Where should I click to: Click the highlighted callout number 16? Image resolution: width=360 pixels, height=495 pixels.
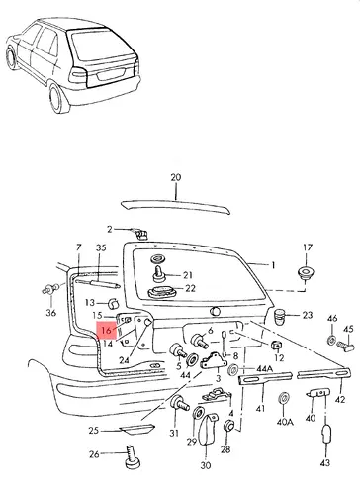pyautogui.click(x=106, y=330)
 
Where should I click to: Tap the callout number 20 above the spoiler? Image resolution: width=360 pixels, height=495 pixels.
pyautogui.click(x=176, y=177)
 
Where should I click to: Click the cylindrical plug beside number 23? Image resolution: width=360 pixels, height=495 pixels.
pyautogui.click(x=280, y=316)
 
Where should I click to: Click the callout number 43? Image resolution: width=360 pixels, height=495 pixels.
pyautogui.click(x=324, y=463)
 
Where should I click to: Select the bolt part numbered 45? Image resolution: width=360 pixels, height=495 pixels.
pyautogui.click(x=345, y=346)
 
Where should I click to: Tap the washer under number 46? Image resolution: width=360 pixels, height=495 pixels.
pyautogui.click(x=331, y=339)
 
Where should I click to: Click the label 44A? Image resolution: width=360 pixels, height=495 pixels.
pyautogui.click(x=265, y=369)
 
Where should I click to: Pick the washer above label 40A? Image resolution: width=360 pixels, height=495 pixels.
pyautogui.click(x=284, y=398)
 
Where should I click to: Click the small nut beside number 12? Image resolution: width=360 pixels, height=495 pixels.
pyautogui.click(x=277, y=346)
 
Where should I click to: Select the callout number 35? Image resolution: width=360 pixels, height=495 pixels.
pyautogui.click(x=101, y=247)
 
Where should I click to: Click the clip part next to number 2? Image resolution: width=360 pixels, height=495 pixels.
pyautogui.click(x=141, y=234)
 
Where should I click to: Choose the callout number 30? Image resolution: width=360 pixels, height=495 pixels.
pyautogui.click(x=205, y=465)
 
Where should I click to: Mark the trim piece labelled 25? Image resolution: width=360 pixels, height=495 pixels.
pyautogui.click(x=137, y=430)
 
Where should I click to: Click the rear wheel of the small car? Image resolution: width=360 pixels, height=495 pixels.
pyautogui.click(x=59, y=99)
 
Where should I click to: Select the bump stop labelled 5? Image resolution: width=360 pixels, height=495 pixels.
pyautogui.click(x=178, y=351)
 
